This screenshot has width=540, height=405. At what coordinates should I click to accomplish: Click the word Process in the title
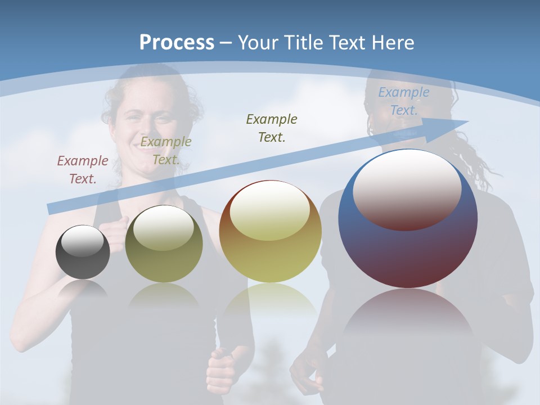click(177, 42)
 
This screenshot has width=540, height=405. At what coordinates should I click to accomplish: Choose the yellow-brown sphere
click(270, 231)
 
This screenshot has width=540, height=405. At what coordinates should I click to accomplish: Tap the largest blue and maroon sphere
click(408, 247)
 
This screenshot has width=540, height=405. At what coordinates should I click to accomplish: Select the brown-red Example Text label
click(83, 169)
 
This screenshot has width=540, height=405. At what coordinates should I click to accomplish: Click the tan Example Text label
click(166, 150)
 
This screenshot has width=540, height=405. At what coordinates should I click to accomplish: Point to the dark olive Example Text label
click(272, 128)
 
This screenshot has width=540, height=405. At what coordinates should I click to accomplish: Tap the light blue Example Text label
click(404, 101)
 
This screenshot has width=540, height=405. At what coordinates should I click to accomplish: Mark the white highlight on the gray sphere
click(82, 241)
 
